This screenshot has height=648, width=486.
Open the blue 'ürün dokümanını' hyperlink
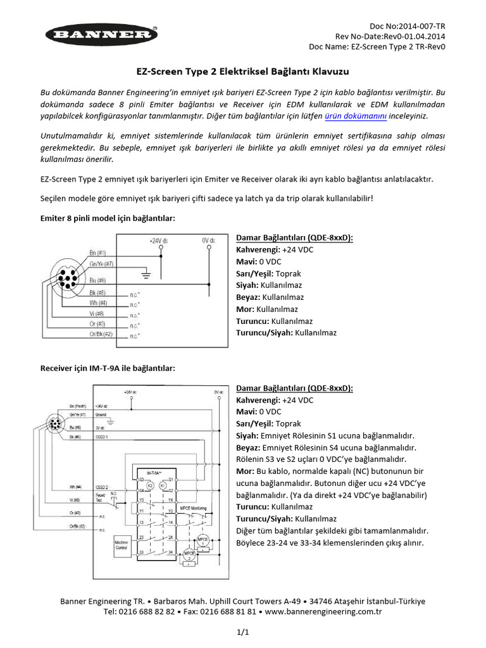[x=355, y=116]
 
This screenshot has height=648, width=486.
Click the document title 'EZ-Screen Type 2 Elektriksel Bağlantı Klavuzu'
[x=243, y=72]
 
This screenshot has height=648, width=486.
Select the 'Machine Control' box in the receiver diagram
[x=121, y=545]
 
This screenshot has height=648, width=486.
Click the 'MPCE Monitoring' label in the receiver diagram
[x=194, y=508]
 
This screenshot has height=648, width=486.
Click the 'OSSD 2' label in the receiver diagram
[x=103, y=487]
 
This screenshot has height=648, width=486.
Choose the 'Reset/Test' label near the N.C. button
[x=101, y=497]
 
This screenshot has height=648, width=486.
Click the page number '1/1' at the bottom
[x=243, y=632]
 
